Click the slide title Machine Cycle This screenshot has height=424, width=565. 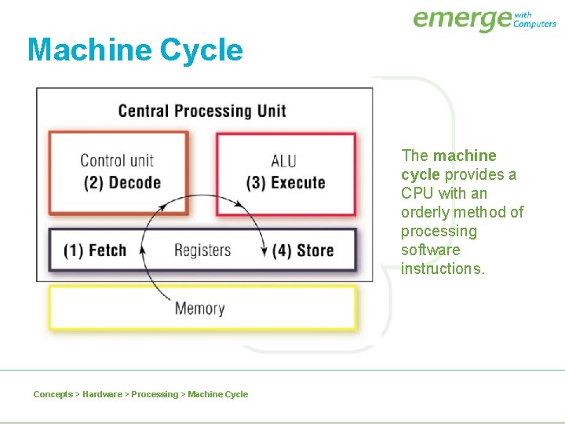coord(135,50)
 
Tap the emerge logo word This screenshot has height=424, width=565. coord(461,19)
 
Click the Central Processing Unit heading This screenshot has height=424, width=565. coord(202,111)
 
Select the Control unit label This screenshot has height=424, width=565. coord(117,161)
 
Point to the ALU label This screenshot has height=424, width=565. coord(283,161)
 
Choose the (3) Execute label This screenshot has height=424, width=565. coord(286,183)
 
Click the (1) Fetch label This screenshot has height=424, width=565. coord(95,250)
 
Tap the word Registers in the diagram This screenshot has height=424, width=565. coord(202,250)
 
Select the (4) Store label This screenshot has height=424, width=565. coord(303,250)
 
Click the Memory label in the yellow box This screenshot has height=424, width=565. coord(199,309)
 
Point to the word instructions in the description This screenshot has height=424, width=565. coord(443,269)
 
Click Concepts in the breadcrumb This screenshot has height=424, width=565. coord(53,394)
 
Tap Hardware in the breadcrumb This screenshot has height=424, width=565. coord(102,394)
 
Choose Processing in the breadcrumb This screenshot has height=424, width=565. coord(155,394)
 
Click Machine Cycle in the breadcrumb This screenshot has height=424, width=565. coord(217,394)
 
